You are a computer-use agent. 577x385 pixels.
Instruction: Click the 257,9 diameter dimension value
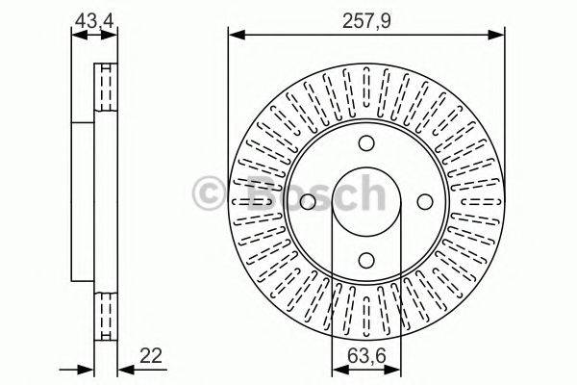[366, 18]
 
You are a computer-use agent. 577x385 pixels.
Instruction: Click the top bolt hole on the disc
[365, 144]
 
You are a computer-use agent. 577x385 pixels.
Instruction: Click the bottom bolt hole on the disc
[365, 259]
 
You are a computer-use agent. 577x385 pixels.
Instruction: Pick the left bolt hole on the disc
[308, 202]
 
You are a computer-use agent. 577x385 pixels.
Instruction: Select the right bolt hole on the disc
[423, 202]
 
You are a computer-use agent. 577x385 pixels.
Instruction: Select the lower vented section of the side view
[105, 313]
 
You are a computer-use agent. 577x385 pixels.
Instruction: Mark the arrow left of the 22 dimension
[87, 369]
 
